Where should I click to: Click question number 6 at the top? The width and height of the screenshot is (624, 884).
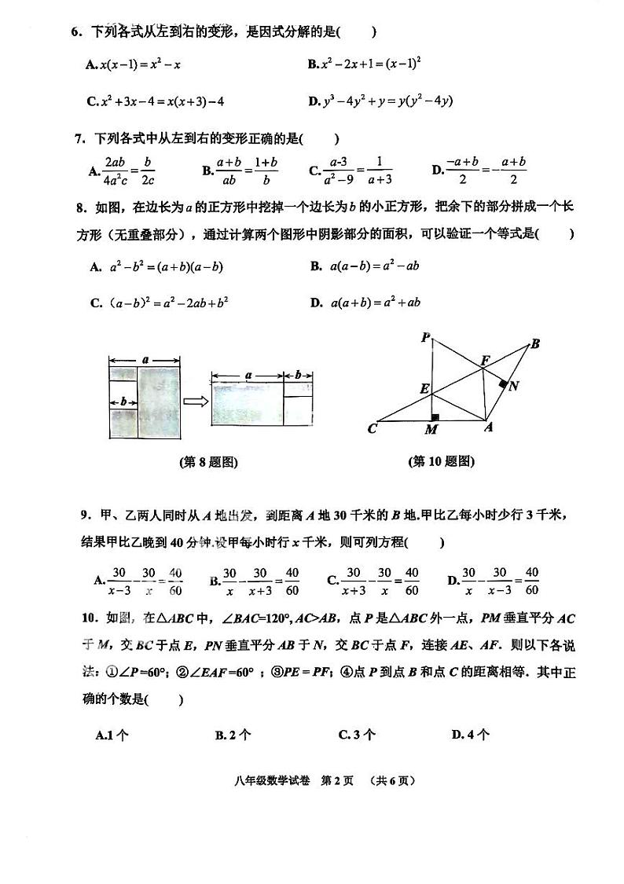(x=77, y=32)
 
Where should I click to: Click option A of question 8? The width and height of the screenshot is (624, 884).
(x=156, y=267)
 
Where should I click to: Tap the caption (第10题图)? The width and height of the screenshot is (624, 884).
(x=442, y=461)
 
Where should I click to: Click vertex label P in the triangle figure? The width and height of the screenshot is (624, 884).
(x=424, y=338)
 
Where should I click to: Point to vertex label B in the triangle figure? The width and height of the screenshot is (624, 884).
(x=535, y=343)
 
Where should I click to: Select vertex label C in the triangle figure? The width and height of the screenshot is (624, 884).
(x=373, y=429)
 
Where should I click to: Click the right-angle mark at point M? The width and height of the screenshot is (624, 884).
(x=434, y=416)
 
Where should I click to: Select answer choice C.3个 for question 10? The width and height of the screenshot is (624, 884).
(x=357, y=735)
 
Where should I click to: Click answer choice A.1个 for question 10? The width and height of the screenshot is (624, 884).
(x=112, y=735)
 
